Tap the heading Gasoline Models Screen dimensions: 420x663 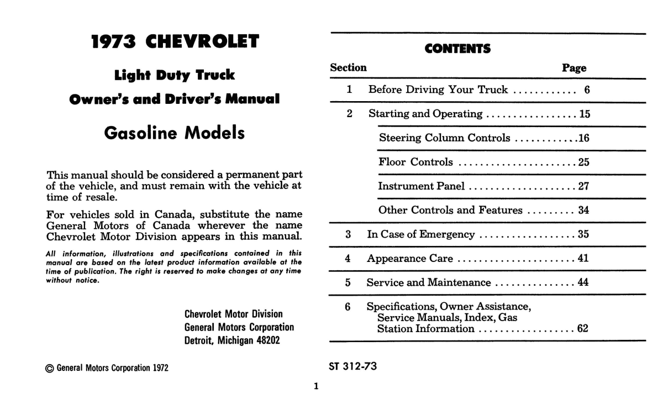point(174,133)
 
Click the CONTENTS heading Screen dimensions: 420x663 point(457,49)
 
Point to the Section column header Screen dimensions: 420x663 point(348,68)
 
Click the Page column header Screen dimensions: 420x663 point(574,68)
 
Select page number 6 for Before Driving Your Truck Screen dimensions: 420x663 point(587,90)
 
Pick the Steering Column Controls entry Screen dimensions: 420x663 point(444,138)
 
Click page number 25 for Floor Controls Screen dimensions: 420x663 point(583,162)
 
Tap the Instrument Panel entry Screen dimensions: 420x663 point(421,186)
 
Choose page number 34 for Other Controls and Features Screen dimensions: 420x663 point(583,211)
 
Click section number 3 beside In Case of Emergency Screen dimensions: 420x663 point(348,234)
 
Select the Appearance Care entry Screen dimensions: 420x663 point(410,259)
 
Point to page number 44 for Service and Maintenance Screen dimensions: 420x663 point(583,283)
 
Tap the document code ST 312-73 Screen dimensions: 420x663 point(353,366)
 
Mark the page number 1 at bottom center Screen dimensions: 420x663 point(316,386)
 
